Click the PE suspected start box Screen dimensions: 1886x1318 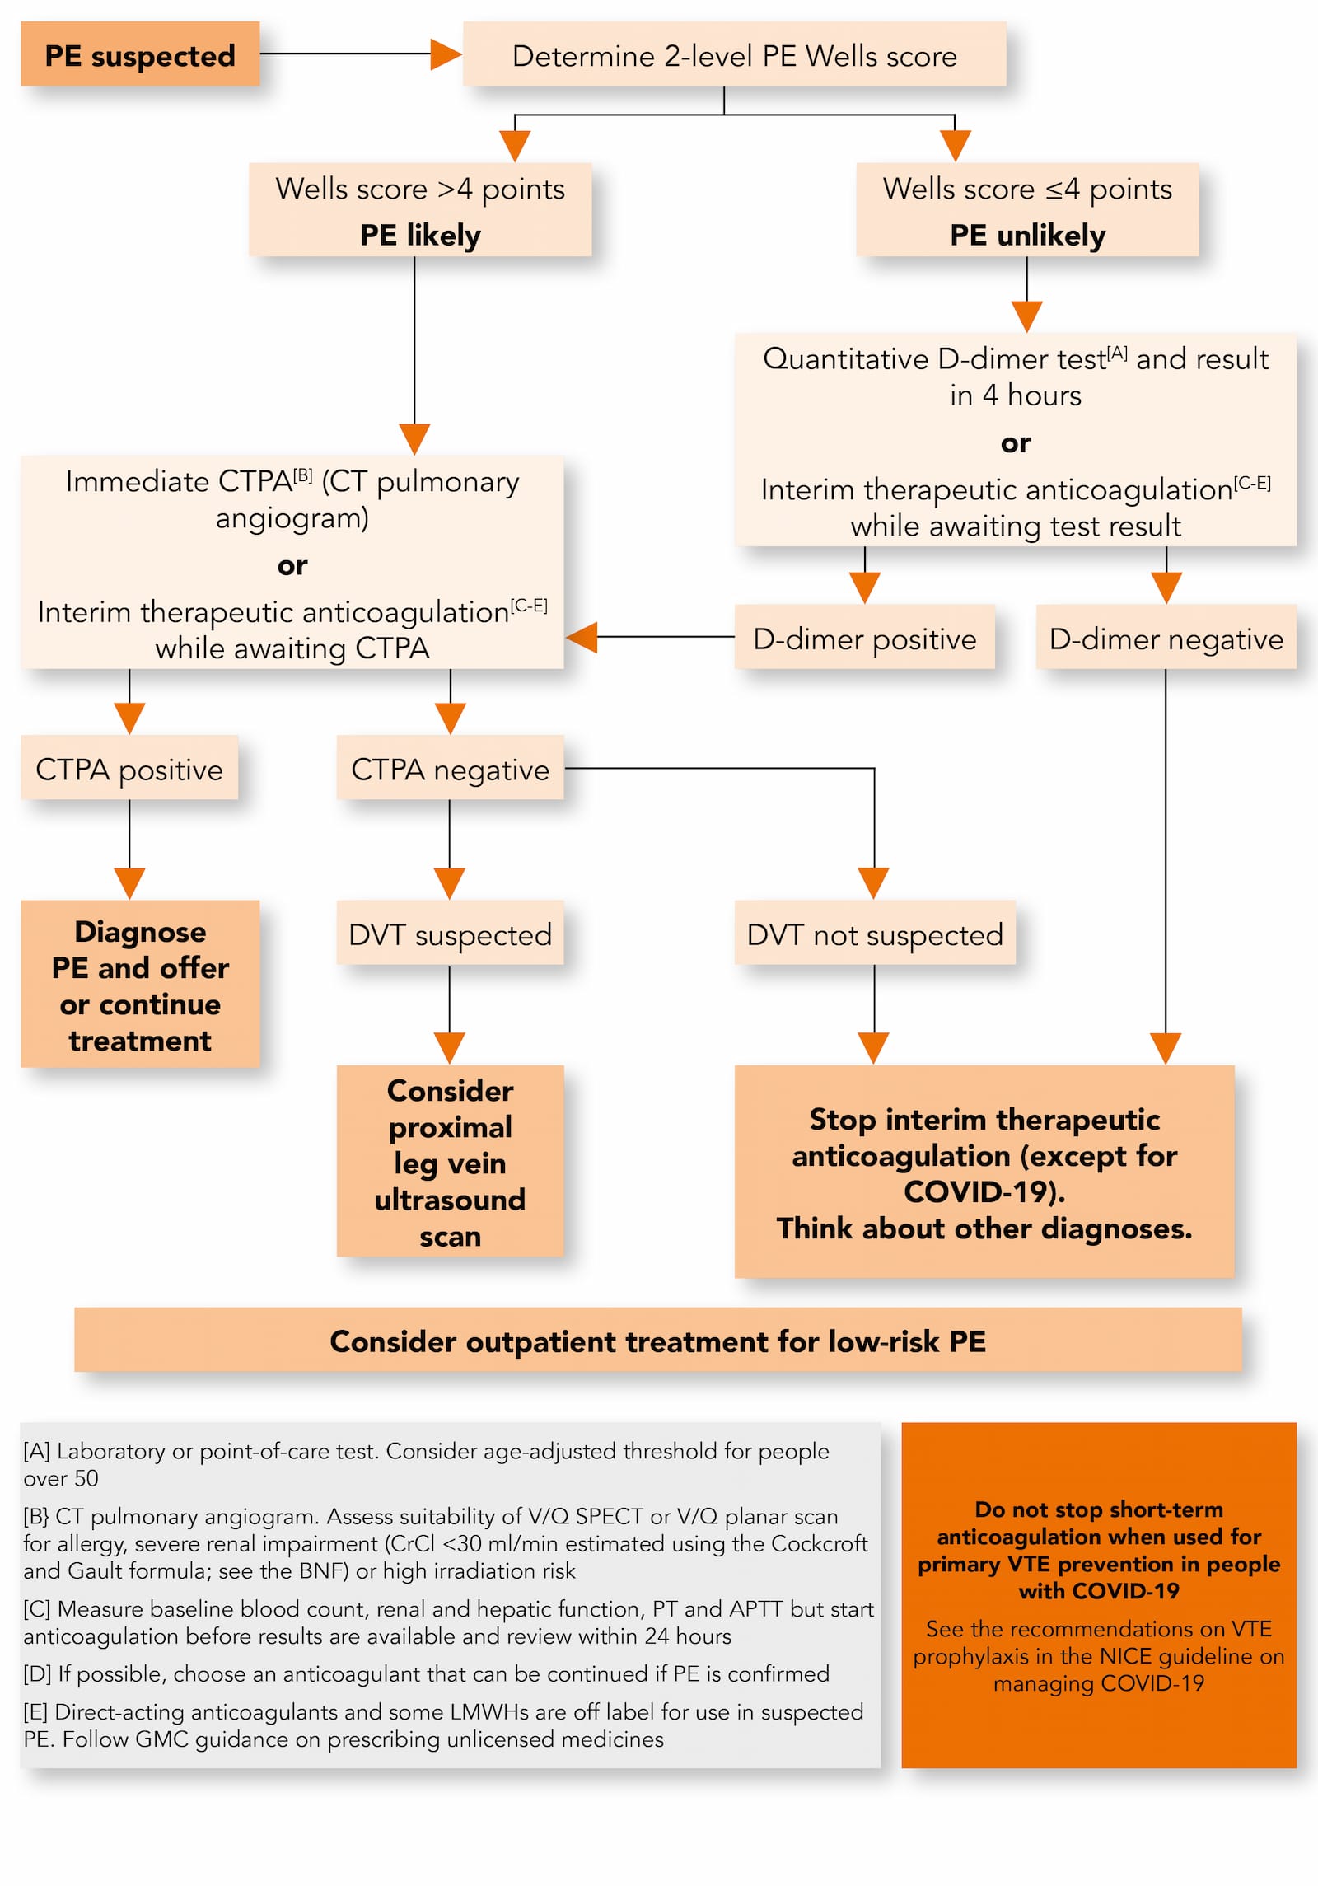coord(139,54)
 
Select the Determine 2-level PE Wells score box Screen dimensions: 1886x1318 coord(734,54)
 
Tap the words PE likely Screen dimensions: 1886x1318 coord(420,236)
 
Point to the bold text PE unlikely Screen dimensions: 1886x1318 coord(1027,236)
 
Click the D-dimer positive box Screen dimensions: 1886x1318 coord(864,639)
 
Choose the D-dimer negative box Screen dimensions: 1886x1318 coord(1166,639)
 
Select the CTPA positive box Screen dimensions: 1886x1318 coord(129,769)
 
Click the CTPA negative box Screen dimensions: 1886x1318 coord(450,769)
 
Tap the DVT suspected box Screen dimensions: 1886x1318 coord(450,934)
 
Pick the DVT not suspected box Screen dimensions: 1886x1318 coord(875,934)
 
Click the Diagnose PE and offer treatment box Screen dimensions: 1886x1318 coord(140,985)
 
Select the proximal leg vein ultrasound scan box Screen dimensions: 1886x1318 coord(450,1162)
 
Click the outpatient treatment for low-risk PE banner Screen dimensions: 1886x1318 coord(657,1341)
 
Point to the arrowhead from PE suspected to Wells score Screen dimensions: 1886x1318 coord(445,54)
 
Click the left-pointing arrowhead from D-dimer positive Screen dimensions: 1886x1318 coord(582,637)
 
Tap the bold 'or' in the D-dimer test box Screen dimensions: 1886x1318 coord(1015,443)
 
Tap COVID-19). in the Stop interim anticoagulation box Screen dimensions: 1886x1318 coord(984,1191)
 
